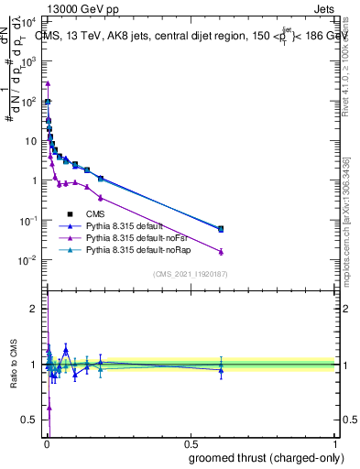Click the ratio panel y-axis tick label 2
click(34, 309)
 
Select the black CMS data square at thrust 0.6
click(221, 229)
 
